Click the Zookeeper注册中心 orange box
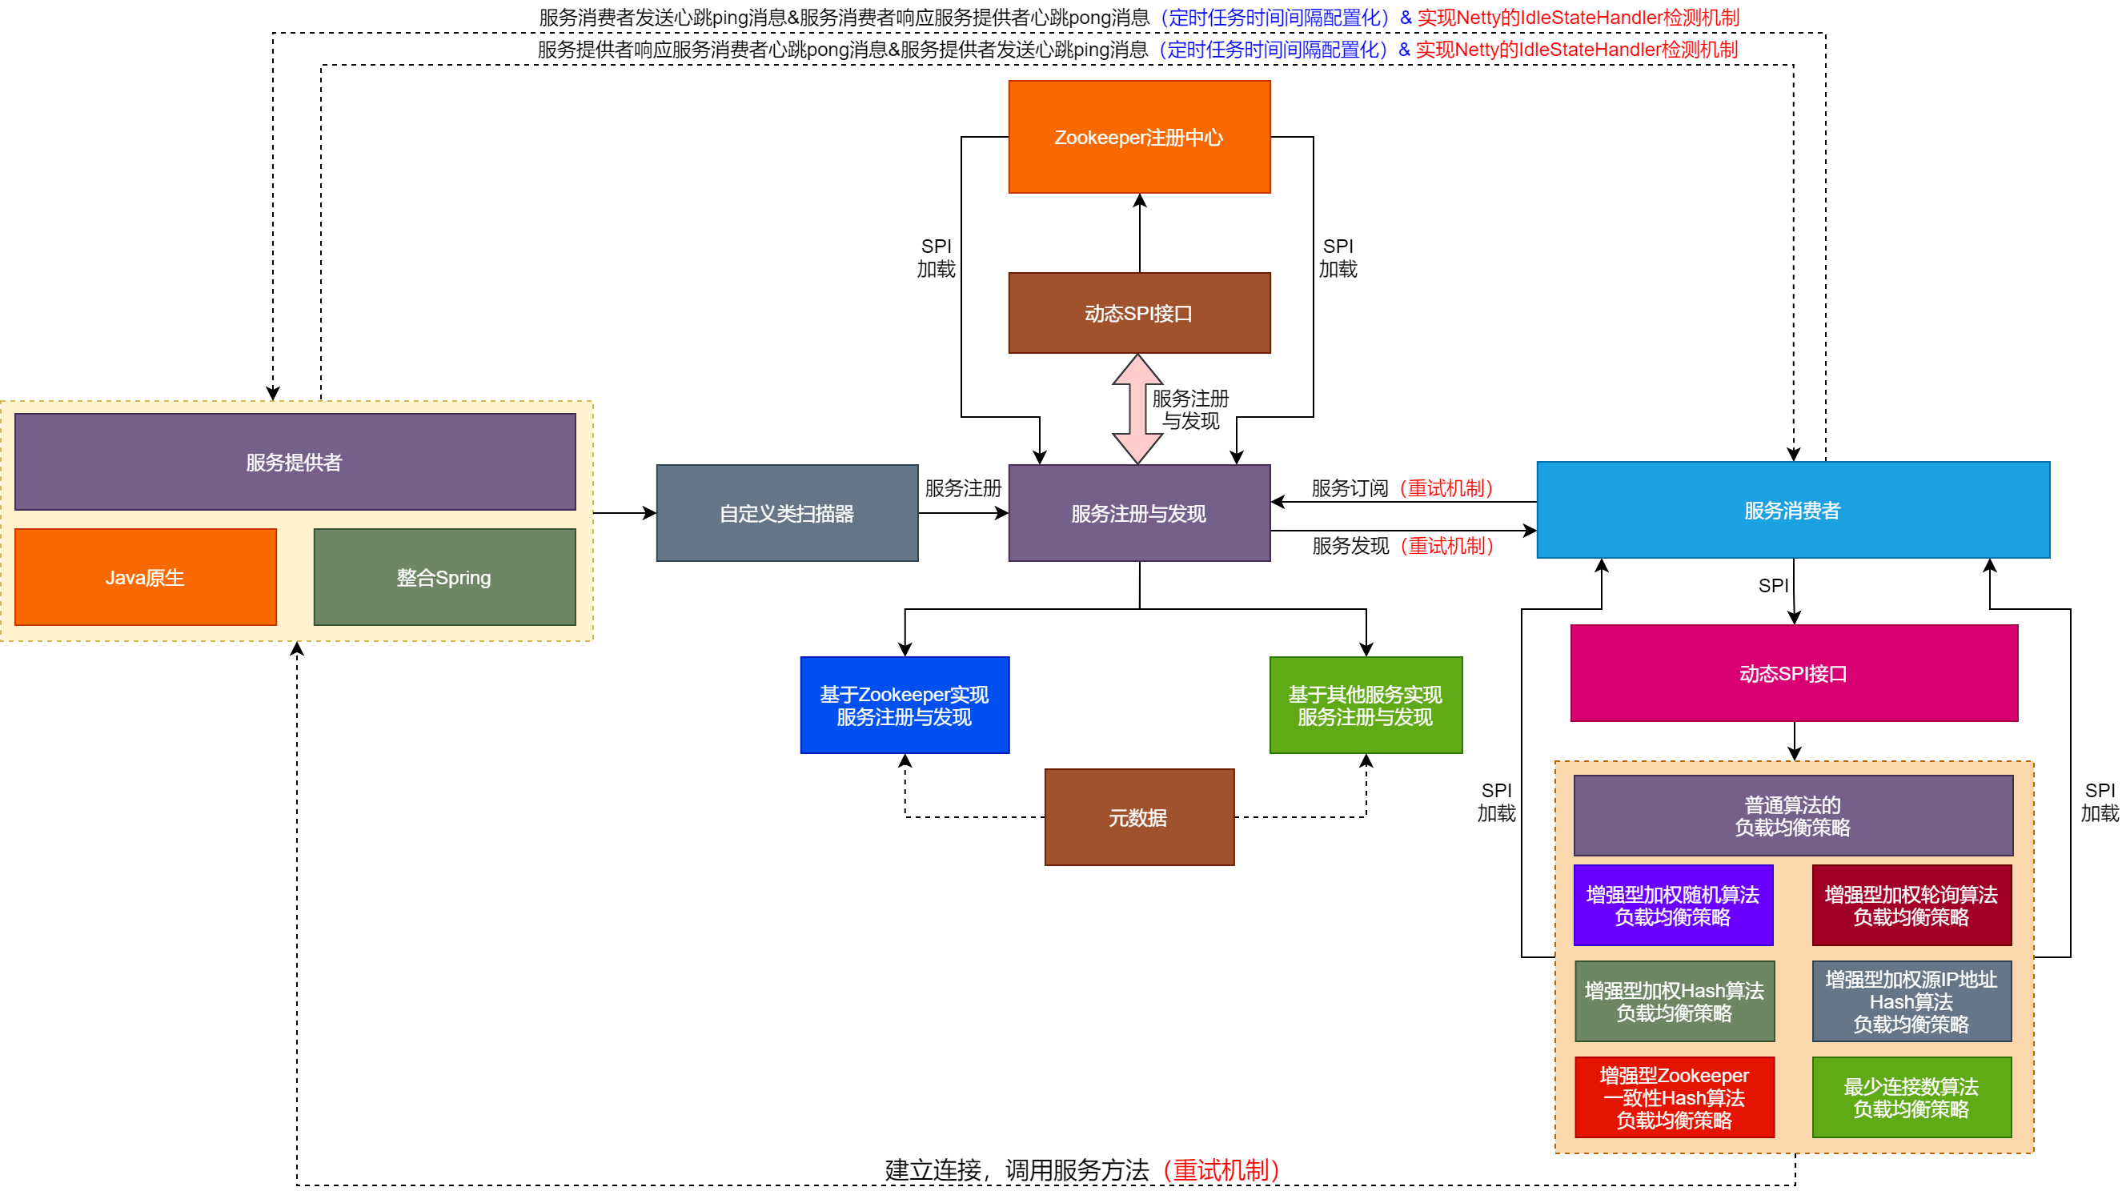1139,137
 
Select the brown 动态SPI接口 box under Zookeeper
1139,314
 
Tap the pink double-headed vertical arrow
1137,409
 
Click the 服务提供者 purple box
295,462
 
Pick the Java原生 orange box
145,578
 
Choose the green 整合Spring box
444,578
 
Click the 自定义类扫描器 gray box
787,513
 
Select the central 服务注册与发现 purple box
1139,513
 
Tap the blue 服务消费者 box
1792,510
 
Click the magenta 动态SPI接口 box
1793,673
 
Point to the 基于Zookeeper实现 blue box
905,705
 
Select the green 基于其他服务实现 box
1366,705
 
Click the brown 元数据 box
1139,818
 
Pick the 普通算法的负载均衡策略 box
1792,816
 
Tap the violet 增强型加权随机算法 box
1673,905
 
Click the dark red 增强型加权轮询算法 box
1911,905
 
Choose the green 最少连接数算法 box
1911,1097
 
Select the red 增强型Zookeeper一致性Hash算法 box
1674,1097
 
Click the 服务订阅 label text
1350,488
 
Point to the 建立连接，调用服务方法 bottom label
1017,1170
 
